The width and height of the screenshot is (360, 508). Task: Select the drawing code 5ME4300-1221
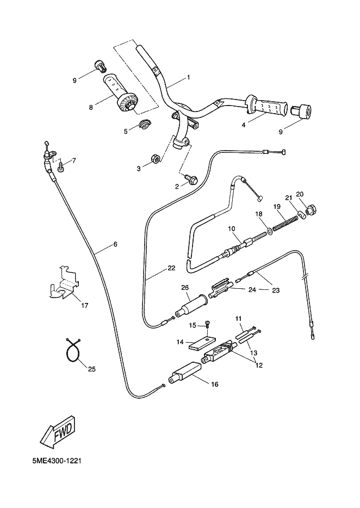click(57, 460)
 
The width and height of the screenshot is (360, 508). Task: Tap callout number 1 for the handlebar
click(188, 77)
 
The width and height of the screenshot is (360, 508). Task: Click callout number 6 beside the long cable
click(115, 244)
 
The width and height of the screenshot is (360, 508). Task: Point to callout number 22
click(171, 268)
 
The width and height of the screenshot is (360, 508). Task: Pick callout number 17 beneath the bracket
click(84, 306)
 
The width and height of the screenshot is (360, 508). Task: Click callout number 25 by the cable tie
click(91, 369)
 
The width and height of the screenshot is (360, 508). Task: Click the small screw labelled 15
click(209, 326)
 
